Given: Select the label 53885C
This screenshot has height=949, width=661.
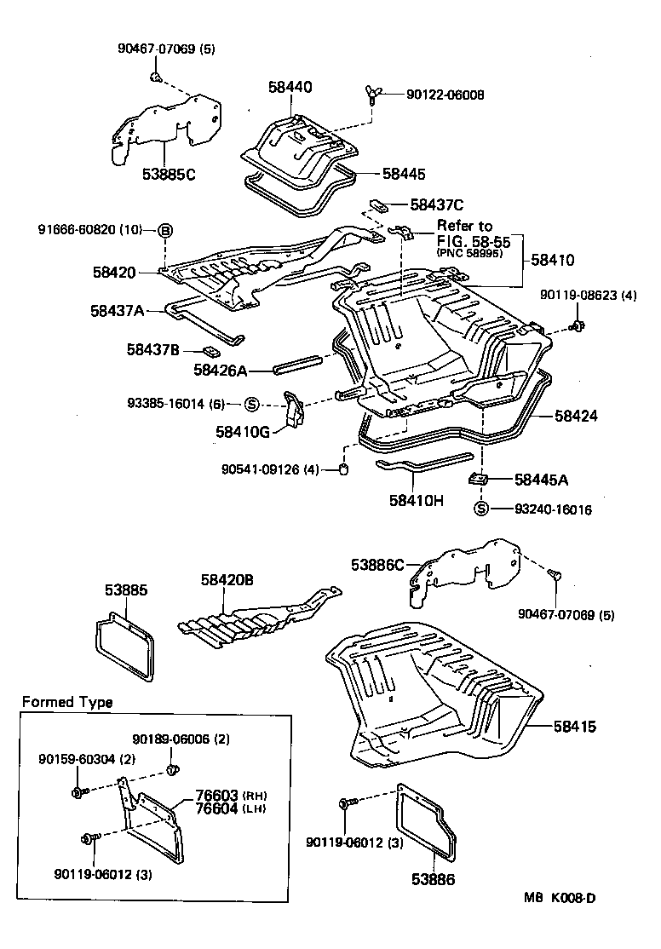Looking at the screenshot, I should pyautogui.click(x=169, y=175).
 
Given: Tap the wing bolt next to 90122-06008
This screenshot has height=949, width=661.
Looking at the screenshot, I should pyautogui.click(x=373, y=96).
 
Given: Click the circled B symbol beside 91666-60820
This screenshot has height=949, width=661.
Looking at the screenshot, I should pyautogui.click(x=165, y=231).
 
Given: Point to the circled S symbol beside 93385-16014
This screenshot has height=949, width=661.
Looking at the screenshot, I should pyautogui.click(x=252, y=404).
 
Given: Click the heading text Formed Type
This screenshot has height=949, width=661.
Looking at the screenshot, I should pyautogui.click(x=66, y=703).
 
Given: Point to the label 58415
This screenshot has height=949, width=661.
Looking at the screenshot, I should pyautogui.click(x=576, y=727).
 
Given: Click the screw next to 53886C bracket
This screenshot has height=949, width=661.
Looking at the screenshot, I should pyautogui.click(x=554, y=577).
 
